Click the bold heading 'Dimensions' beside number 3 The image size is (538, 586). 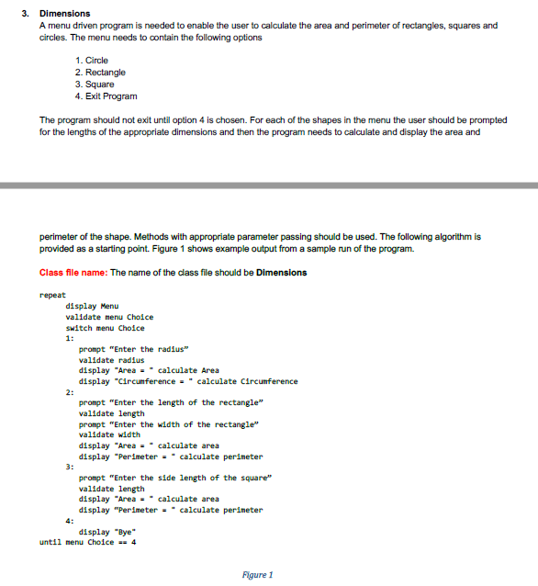pyautogui.click(x=64, y=14)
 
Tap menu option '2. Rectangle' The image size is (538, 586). pyautogui.click(x=101, y=73)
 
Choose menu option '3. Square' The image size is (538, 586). pyautogui.click(x=95, y=85)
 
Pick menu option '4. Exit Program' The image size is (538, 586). pyautogui.click(x=106, y=96)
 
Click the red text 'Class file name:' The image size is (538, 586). pyautogui.click(x=73, y=273)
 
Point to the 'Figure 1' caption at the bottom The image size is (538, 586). pyautogui.click(x=257, y=575)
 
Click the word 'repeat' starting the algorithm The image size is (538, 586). pyautogui.click(x=52, y=296)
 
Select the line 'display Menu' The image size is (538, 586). pyautogui.click(x=92, y=307)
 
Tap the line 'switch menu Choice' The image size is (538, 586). pyautogui.click(x=105, y=328)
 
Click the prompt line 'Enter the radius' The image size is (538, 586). pyautogui.click(x=133, y=349)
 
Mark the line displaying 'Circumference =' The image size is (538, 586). pyautogui.click(x=188, y=381)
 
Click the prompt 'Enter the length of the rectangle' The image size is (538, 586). pyautogui.click(x=172, y=402)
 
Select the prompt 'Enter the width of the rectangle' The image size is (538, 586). pyautogui.click(x=170, y=424)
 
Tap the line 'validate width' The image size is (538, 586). pyautogui.click(x=110, y=434)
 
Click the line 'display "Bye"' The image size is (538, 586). pyautogui.click(x=106, y=531)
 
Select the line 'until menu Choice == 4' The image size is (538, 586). pyautogui.click(x=88, y=542)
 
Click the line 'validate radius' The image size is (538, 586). pyautogui.click(x=113, y=360)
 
